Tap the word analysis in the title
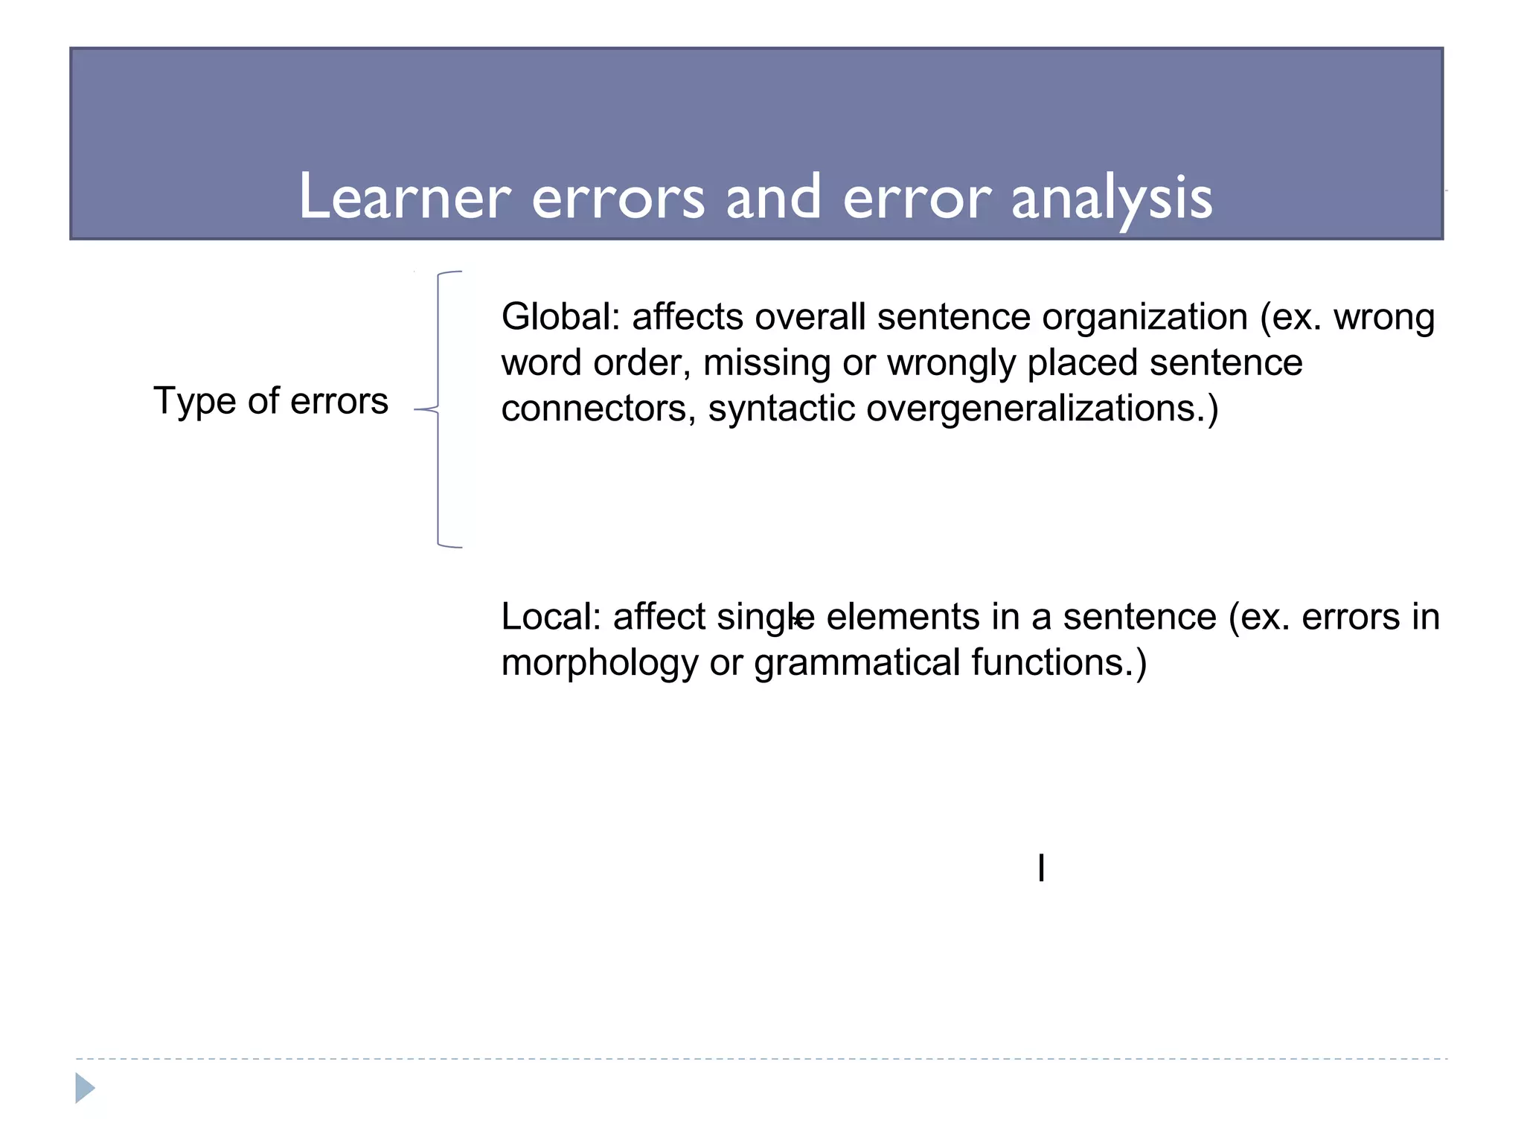click(x=1112, y=198)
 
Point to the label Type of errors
click(x=271, y=401)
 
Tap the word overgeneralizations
click(x=1042, y=409)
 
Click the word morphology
click(x=599, y=663)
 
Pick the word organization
click(x=1144, y=317)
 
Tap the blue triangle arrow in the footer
click(x=85, y=1088)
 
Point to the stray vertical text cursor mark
click(x=1041, y=868)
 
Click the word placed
click(x=1083, y=363)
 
